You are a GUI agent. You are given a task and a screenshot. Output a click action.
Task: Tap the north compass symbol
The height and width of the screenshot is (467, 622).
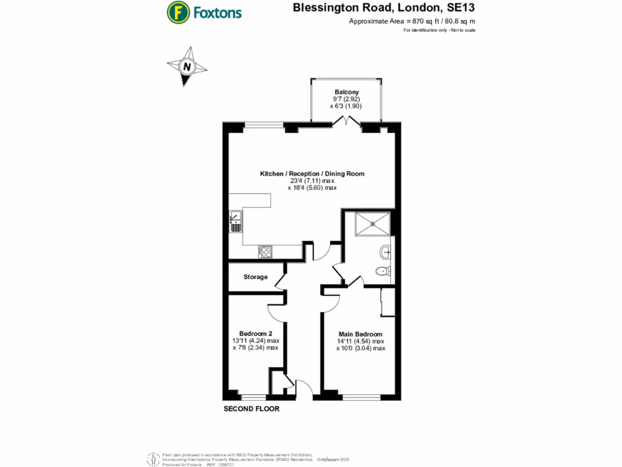pos(187,66)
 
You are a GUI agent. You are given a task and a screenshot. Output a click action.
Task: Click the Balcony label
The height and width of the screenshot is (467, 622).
pos(346,92)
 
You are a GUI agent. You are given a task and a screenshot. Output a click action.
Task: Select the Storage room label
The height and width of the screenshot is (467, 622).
pos(255,277)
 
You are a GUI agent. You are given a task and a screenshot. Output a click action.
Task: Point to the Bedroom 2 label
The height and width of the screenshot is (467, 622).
pos(255,334)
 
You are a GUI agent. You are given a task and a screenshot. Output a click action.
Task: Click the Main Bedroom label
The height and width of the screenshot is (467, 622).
pos(360,334)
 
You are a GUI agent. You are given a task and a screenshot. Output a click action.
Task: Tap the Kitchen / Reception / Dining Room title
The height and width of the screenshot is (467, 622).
pos(312,174)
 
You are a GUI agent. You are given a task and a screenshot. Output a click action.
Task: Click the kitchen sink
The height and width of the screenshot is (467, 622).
pos(235,221)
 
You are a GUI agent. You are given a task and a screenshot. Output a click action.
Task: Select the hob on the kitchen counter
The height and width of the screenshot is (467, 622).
pos(265,250)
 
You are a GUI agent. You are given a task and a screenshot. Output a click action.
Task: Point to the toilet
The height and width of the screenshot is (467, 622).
pos(383,271)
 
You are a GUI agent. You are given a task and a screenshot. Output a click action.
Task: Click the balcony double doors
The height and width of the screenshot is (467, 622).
pos(346,122)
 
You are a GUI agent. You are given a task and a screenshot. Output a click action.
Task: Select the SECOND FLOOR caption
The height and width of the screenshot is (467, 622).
pos(251,409)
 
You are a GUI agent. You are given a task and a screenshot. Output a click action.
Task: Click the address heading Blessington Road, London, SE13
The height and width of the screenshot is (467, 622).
pos(384,8)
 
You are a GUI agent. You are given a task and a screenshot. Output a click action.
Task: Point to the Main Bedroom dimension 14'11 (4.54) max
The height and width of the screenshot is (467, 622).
pos(361,342)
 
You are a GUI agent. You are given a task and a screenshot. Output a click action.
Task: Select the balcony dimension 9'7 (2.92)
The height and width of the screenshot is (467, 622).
pos(346,99)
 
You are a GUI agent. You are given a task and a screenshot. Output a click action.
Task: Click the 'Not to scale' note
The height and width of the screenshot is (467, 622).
pos(461,30)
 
